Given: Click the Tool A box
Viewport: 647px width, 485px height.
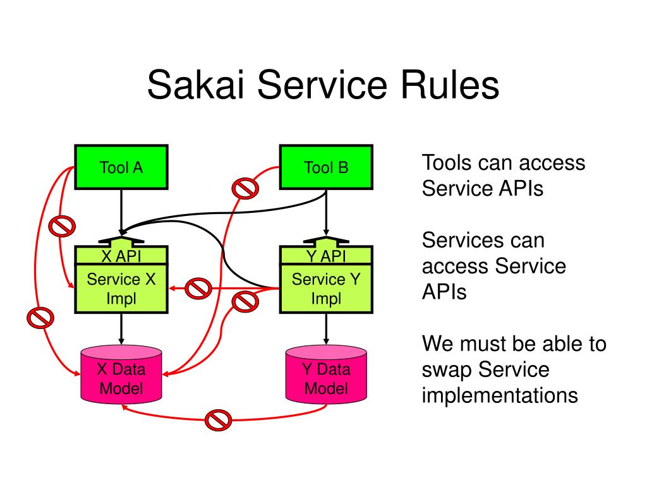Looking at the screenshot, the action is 121,167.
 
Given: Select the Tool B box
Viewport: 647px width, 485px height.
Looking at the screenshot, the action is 326,167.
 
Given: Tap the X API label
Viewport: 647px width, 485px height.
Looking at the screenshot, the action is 121,256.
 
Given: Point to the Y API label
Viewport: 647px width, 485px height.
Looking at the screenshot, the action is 326,256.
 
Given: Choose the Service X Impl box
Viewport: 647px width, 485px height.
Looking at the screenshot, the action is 121,289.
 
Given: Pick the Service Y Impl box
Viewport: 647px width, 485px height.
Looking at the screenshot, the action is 326,289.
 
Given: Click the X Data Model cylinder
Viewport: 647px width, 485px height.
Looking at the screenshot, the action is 121,374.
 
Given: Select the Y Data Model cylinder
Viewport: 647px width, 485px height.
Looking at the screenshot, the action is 326,374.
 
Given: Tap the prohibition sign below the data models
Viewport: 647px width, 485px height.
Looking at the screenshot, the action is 218,420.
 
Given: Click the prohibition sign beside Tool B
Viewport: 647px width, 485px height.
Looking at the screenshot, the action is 246,188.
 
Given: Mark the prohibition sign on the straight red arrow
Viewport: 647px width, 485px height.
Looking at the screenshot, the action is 198,288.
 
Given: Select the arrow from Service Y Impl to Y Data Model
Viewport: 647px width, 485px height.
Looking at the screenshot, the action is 326,329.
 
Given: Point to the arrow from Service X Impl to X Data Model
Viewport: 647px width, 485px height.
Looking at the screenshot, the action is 121,329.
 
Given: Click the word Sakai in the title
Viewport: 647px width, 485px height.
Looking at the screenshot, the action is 196,85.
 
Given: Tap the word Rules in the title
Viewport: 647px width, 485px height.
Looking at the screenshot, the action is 450,85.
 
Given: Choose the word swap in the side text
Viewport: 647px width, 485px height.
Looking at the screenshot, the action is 448,370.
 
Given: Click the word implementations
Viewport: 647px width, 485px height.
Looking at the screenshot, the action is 500,396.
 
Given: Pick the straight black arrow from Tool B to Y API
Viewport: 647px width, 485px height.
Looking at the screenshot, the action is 326,213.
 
